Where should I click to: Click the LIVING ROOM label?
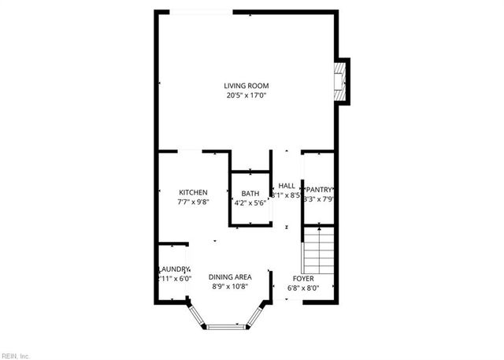click(246, 86)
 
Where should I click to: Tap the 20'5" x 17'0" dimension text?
click(246, 96)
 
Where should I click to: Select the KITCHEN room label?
click(193, 192)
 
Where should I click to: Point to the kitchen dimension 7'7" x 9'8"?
click(193, 202)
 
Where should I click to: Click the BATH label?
click(250, 194)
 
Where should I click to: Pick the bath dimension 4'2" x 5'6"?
click(250, 203)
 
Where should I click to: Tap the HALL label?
click(287, 186)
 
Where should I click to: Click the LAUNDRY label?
click(174, 269)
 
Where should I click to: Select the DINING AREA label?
click(230, 276)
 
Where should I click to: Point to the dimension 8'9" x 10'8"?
click(230, 287)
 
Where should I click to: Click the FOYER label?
click(303, 278)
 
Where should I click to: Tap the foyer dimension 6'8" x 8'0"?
click(303, 288)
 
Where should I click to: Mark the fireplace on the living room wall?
click(342, 81)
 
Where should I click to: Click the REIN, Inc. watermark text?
click(15, 356)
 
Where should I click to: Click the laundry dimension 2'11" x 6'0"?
click(174, 279)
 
